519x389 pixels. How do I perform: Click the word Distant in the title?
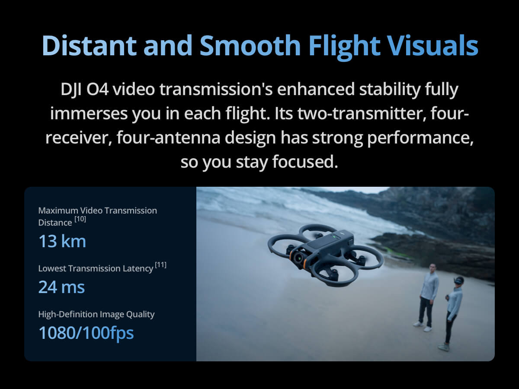pos(89,45)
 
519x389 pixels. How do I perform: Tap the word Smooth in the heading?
pos(250,45)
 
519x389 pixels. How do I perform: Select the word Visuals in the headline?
pos(433,45)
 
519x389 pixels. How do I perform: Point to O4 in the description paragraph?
pos(97,89)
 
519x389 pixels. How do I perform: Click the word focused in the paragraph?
pos(305,162)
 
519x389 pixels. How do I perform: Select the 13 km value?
pos(62,241)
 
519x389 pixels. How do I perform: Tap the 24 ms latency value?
pos(61,287)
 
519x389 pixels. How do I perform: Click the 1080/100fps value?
pos(86,333)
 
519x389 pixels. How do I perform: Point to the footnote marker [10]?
pos(80,219)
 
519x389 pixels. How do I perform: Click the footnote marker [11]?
pos(161,265)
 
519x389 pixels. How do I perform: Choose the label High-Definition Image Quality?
pos(96,314)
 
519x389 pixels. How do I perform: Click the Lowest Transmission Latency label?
pos(96,268)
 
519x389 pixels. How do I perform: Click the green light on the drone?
pos(334,237)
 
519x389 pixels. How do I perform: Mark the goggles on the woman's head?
pos(458,281)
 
